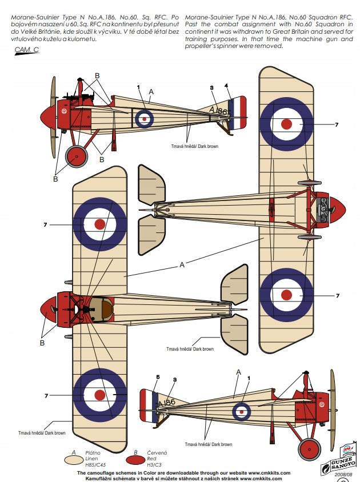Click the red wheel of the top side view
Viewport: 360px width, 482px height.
[x=76, y=155]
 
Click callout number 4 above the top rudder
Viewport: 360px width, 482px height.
[x=227, y=86]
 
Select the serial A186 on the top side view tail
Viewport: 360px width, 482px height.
[x=219, y=111]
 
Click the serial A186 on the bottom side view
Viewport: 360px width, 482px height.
[x=166, y=402]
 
